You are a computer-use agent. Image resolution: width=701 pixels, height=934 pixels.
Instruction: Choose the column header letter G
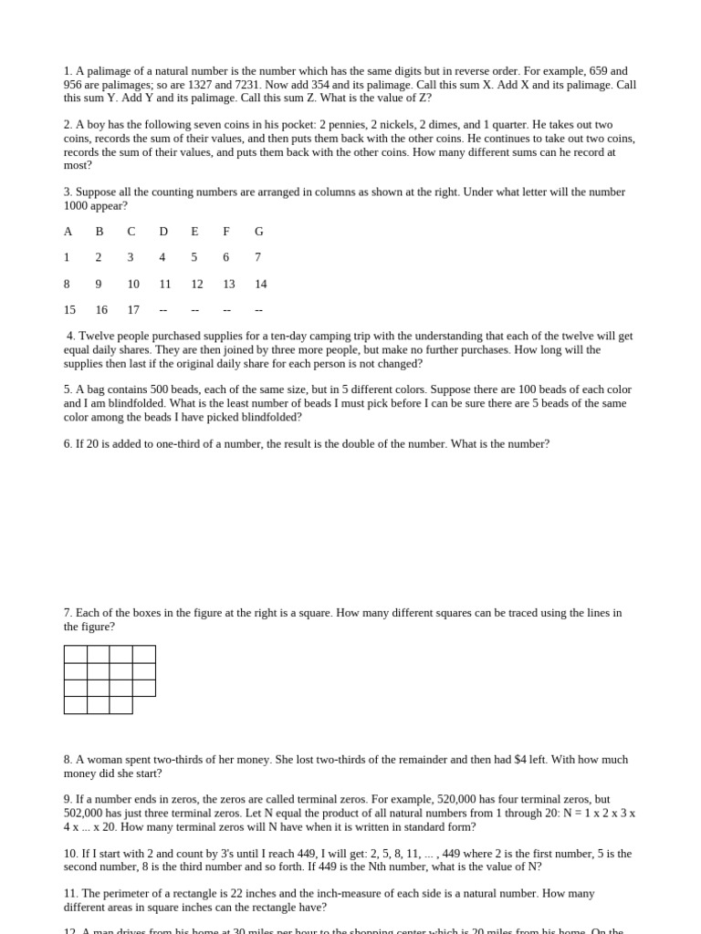pyautogui.click(x=259, y=232)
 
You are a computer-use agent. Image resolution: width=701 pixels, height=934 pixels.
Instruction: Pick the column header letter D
pyautogui.click(x=163, y=232)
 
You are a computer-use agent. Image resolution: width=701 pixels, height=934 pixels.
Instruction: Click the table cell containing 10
pyautogui.click(x=133, y=285)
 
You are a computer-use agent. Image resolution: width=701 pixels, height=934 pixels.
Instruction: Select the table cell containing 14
pyautogui.click(x=261, y=285)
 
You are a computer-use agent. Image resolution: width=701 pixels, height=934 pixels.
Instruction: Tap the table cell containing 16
pyautogui.click(x=101, y=310)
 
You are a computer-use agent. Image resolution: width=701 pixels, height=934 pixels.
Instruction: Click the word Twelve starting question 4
pyautogui.click(x=96, y=337)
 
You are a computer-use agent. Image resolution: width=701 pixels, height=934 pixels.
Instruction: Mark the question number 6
pyautogui.click(x=68, y=444)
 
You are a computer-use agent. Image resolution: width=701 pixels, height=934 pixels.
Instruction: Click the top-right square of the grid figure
pyautogui.click(x=144, y=654)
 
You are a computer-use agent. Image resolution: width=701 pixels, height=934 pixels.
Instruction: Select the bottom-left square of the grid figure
pyautogui.click(x=76, y=705)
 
